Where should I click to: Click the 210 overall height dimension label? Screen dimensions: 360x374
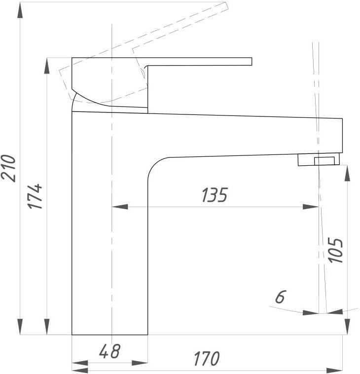tap(8, 168)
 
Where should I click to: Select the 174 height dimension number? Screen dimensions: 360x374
tap(35, 196)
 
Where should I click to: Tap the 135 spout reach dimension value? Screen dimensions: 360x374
tap(215, 195)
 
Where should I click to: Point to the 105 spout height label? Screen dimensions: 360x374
tap(335, 250)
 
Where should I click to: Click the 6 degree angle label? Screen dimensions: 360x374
tap(280, 297)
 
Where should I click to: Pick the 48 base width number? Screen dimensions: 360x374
tap(109, 351)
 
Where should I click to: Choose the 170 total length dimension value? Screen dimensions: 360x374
tap(207, 358)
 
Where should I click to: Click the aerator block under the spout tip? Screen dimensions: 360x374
tap(319, 159)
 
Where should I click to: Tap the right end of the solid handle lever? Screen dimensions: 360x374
tap(252, 61)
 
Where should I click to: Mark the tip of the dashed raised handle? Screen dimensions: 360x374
tap(227, 6)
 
